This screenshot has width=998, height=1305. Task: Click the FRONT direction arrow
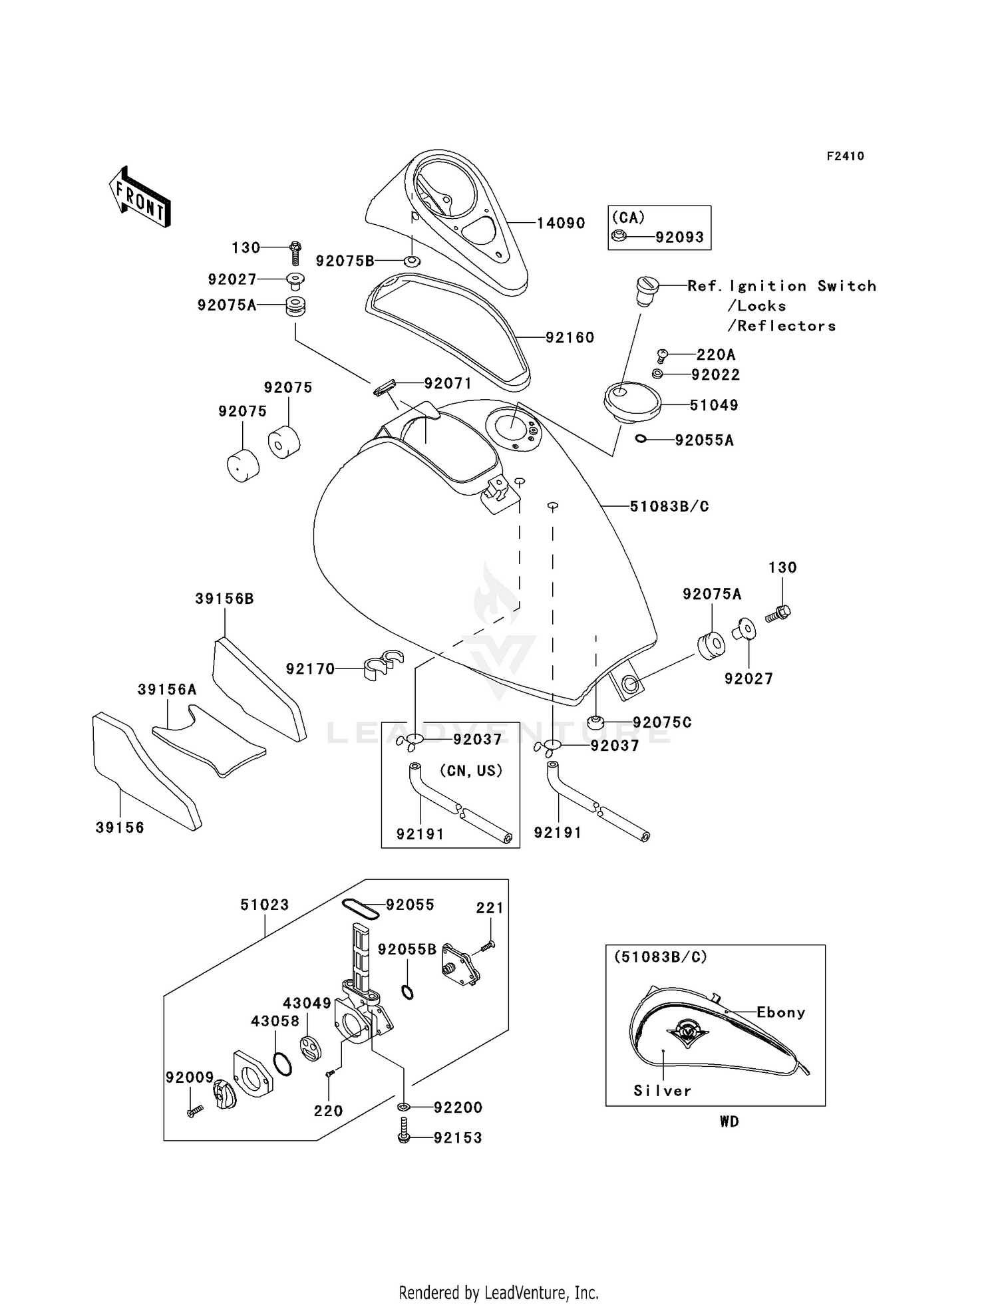[x=140, y=198]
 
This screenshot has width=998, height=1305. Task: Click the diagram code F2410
[x=845, y=156]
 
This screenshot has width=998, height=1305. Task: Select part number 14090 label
[x=561, y=223]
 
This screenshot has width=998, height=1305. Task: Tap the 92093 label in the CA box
[x=679, y=237]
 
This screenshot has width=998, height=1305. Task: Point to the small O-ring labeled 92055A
[x=641, y=439]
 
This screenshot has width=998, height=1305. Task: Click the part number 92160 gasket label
[x=570, y=338]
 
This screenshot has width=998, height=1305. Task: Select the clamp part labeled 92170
[x=383, y=666]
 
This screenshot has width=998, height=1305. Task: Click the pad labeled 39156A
[x=209, y=740]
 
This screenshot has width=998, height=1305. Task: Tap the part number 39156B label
[x=224, y=599]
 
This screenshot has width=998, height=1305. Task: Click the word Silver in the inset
[x=662, y=1091]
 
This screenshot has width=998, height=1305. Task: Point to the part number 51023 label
[x=265, y=905]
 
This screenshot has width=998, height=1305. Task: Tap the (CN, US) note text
[x=470, y=771]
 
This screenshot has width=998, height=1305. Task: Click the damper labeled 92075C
[x=596, y=721]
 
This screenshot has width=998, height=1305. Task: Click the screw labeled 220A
[x=661, y=355]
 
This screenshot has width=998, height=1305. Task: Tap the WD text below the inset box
[x=729, y=1121]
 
